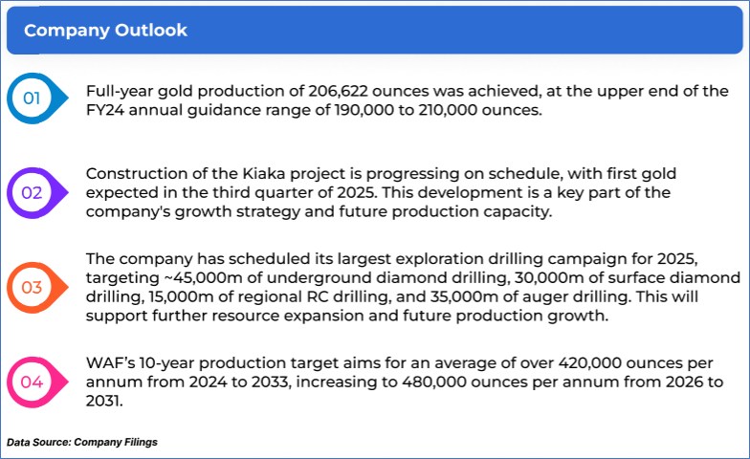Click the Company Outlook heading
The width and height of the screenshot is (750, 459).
105,31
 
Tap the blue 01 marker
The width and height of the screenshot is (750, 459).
37,98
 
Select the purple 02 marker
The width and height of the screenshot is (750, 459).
37,193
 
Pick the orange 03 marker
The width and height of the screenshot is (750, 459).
37,287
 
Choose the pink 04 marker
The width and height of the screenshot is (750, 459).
37,382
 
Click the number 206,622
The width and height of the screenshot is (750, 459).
338,91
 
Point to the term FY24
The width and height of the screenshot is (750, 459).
105,110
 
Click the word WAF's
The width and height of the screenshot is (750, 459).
111,363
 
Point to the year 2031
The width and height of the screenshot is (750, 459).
103,401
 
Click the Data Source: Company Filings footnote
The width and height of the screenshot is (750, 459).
82,442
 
